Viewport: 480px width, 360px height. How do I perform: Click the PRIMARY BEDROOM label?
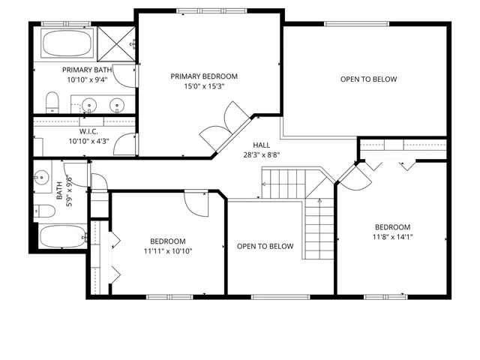pos(204,76)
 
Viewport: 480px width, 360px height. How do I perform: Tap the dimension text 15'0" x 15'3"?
pos(204,86)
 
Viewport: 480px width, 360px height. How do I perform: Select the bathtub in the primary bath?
pos(66,43)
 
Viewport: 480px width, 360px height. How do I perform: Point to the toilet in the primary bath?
pos(52,100)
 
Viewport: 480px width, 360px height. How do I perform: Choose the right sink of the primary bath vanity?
pos(116,104)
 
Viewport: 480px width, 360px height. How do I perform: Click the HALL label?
pos(261,145)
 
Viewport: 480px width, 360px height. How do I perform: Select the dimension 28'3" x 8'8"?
pos(261,154)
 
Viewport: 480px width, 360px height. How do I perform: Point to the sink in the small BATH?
pos(41,178)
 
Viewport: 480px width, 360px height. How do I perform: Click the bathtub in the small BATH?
pos(62,237)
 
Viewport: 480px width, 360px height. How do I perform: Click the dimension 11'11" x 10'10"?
pos(167,251)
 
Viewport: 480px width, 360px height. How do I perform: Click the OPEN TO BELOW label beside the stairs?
pos(265,247)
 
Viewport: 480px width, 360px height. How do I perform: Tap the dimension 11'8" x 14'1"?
pos(392,237)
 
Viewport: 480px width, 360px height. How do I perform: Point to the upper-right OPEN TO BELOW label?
pos(368,79)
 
